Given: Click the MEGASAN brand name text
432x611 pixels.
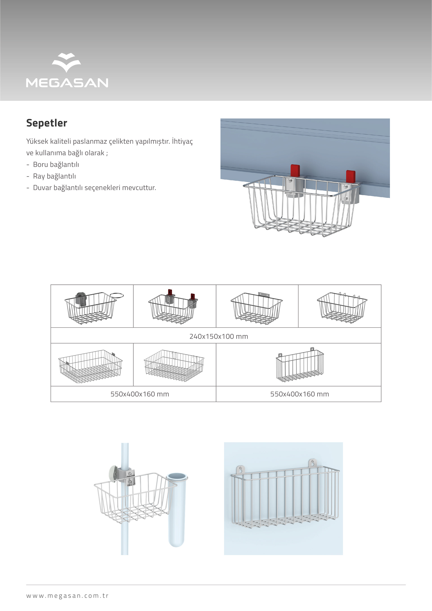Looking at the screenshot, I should pyautogui.click(x=67, y=83).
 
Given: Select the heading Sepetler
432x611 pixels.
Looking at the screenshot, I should pyautogui.click(x=47, y=123).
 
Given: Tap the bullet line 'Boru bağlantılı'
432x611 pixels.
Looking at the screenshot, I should pyautogui.click(x=56, y=165).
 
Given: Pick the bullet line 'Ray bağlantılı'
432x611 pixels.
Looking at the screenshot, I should pyautogui.click(x=54, y=176).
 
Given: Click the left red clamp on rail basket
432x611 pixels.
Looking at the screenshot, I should pyautogui.click(x=295, y=171).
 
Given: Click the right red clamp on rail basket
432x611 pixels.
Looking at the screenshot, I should pyautogui.click(x=351, y=177).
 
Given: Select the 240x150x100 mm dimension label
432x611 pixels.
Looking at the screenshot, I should pyautogui.click(x=219, y=336).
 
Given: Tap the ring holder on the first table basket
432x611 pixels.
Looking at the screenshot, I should pyautogui.click(x=117, y=295).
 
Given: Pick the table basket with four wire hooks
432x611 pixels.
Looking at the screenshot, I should pyautogui.click(x=342, y=308).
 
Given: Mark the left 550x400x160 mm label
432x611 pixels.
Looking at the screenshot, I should pyautogui.click(x=140, y=394).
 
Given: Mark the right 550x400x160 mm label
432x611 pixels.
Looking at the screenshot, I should pyautogui.click(x=299, y=394).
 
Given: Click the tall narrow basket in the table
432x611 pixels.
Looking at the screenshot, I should pyautogui.click(x=300, y=365).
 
